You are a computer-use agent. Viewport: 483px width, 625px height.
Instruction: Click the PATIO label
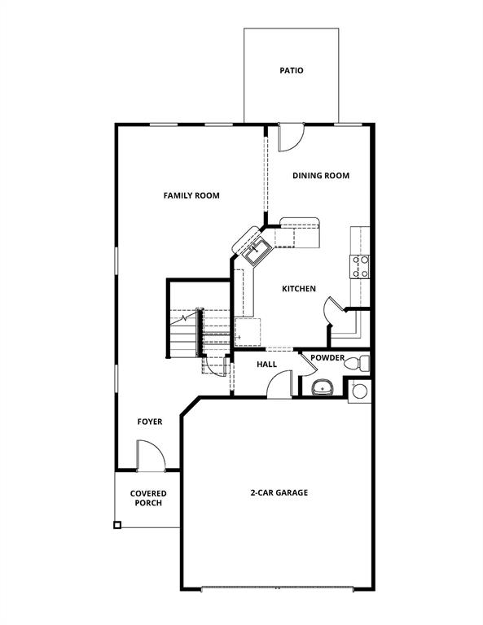click(x=292, y=71)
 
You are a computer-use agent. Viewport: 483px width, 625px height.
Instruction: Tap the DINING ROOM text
click(x=321, y=176)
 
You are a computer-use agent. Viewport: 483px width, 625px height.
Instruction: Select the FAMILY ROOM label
click(x=191, y=195)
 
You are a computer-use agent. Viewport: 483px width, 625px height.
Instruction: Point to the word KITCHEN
click(x=299, y=289)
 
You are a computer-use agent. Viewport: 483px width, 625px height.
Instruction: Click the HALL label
click(x=267, y=365)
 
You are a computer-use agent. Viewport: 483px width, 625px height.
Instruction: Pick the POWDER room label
click(x=327, y=358)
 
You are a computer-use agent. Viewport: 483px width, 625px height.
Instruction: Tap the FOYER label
click(x=150, y=422)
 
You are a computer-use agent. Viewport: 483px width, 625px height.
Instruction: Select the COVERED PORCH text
click(x=148, y=498)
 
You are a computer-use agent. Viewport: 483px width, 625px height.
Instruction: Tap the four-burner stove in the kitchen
click(x=360, y=267)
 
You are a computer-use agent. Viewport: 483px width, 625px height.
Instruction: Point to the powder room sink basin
click(x=323, y=386)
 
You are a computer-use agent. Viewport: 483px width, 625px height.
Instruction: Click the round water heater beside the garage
click(x=360, y=391)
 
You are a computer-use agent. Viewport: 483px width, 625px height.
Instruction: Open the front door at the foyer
click(x=150, y=456)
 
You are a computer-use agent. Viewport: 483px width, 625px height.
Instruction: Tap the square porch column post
click(x=117, y=526)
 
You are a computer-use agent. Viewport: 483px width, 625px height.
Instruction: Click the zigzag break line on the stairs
click(x=190, y=317)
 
